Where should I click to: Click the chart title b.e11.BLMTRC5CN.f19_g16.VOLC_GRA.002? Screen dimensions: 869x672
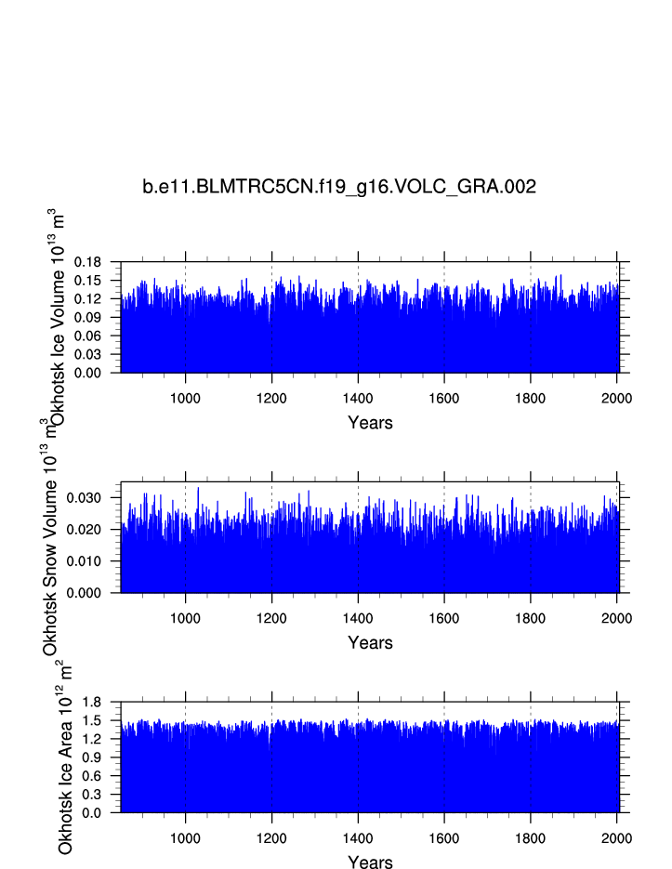339,187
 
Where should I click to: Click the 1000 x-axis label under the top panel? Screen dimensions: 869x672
186,398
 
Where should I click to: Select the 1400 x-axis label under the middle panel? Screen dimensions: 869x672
358,618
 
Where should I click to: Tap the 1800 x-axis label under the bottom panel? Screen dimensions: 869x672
531,838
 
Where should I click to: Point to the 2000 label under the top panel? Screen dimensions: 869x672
616,398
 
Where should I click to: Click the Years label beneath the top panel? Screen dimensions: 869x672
370,423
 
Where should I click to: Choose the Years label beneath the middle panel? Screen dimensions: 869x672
370,643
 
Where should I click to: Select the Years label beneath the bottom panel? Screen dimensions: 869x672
370,862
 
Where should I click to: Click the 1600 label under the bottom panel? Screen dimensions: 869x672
444,838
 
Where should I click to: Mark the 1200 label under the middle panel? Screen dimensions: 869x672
271,618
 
